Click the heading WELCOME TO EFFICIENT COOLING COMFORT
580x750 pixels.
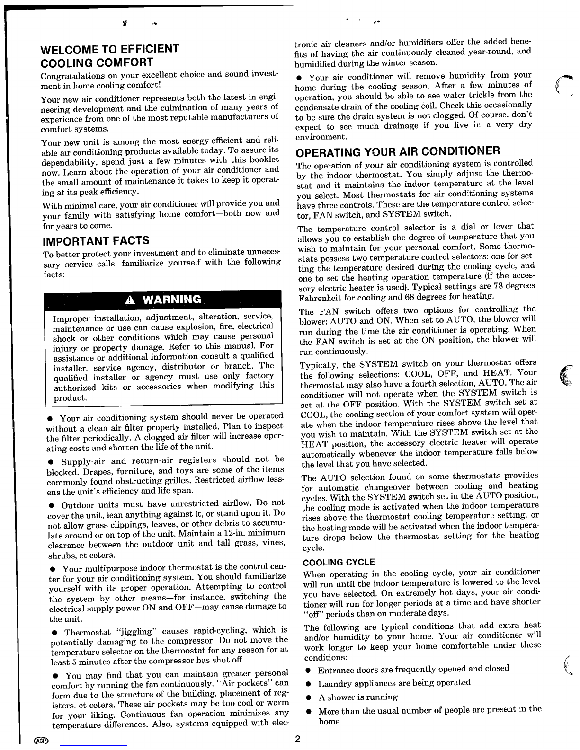(110, 55)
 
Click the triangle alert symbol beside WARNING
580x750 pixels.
(131, 299)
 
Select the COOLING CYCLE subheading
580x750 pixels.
(339, 562)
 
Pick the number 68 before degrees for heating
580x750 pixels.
(410, 296)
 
